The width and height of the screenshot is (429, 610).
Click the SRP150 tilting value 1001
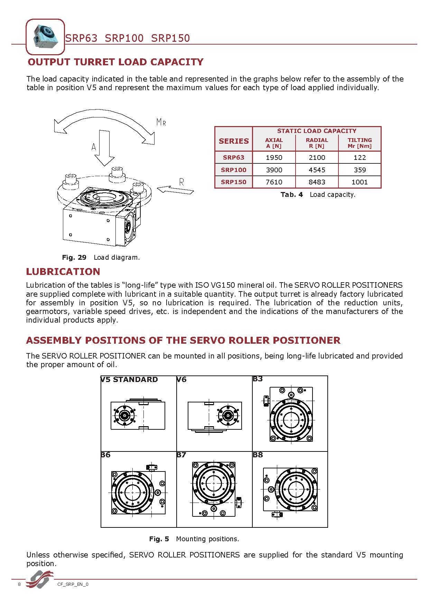point(360,182)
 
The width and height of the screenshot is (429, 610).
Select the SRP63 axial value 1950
point(274,158)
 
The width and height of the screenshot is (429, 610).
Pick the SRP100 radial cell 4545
point(317,170)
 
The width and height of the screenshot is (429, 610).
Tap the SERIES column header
point(234,141)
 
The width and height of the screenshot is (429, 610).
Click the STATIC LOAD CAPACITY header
point(316,131)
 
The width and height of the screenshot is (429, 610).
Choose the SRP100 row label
point(234,170)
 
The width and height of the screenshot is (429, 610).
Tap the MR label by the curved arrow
point(161,122)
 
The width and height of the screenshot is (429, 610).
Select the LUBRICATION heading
point(63,271)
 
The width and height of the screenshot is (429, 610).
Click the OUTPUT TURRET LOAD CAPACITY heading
point(115,62)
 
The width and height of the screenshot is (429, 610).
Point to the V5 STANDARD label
point(129,380)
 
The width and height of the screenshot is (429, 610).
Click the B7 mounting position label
point(181,455)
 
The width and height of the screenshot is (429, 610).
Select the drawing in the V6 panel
point(215,415)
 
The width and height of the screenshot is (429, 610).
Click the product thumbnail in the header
point(45,37)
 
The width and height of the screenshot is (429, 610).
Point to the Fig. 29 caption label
point(74,257)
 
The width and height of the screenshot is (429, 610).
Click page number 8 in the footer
point(19,584)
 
